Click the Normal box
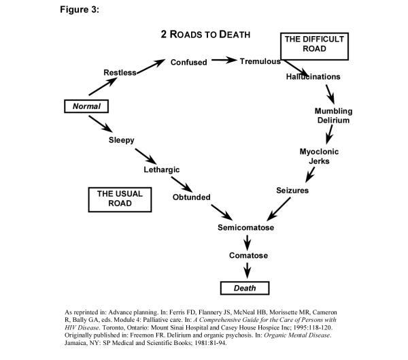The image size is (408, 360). pos(86,107)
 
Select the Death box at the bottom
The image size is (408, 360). pos(245,288)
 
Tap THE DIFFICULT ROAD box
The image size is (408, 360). pos(314,44)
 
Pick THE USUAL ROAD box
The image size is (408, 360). pos(120,198)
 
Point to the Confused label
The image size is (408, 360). pos(188,62)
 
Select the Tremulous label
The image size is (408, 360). pos(260,61)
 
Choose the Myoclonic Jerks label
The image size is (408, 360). pos(319,157)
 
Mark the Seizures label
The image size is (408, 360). pos(292,191)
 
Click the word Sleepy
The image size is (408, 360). pos(121,140)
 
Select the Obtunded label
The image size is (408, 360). pos(191,197)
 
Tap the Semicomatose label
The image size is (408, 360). pos(245,227)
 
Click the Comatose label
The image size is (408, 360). pos(248,256)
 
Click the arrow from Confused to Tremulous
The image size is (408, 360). pos(224,61)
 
